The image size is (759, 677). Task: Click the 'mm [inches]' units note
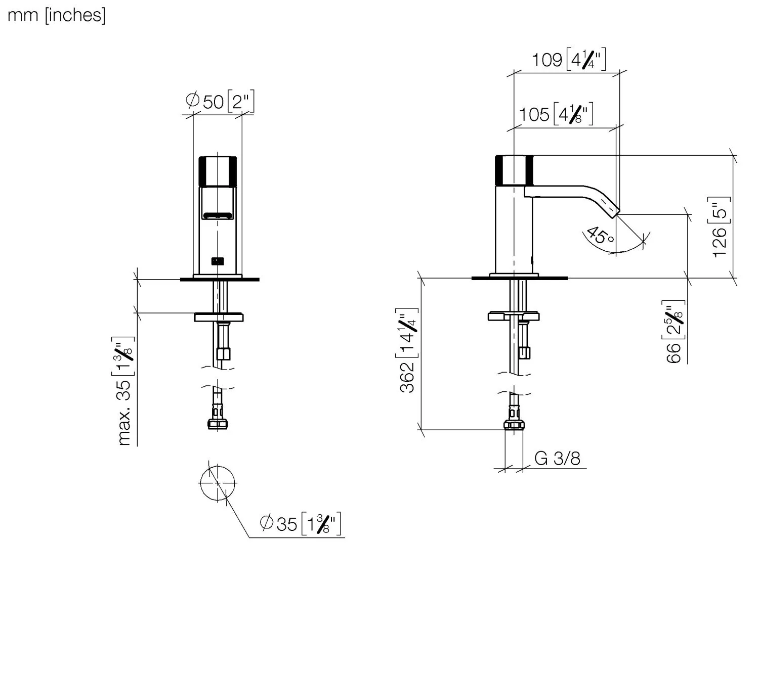coord(56,15)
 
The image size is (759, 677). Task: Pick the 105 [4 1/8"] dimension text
coord(556,114)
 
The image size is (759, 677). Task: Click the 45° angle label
coord(601,236)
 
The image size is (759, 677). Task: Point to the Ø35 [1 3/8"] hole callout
coord(300,523)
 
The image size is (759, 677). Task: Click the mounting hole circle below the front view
coord(218,483)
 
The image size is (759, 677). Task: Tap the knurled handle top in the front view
coord(218,171)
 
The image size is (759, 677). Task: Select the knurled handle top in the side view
coord(514,170)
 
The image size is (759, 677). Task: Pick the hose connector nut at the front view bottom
coord(218,423)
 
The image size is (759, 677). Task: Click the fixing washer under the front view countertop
coord(219,318)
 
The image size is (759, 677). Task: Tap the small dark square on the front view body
coord(218,261)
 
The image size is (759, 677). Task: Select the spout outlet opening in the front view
coord(218,216)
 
